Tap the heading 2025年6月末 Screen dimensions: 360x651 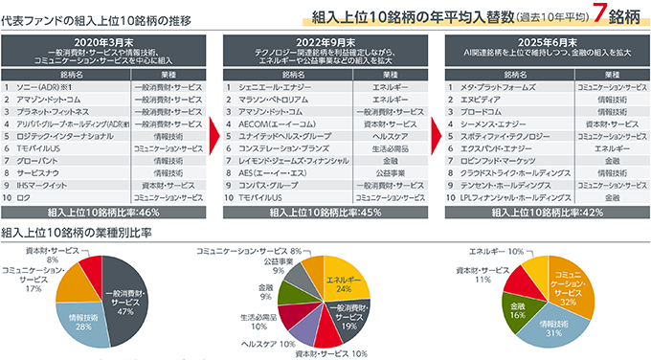point(546,42)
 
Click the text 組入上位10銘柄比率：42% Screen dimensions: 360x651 point(546,213)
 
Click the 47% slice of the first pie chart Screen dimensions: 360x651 point(127,298)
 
